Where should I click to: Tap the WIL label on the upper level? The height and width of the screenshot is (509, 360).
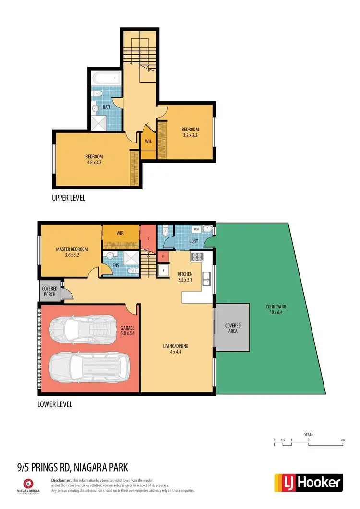pyautogui.click(x=148, y=142)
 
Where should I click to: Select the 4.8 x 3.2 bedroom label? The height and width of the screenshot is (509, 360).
pyautogui.click(x=94, y=159)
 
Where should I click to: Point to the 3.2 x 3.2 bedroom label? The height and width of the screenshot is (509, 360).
pyautogui.click(x=190, y=132)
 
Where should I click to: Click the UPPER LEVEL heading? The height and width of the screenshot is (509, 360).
pyautogui.click(x=68, y=198)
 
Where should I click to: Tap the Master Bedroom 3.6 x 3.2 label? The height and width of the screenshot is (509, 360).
pyautogui.click(x=72, y=252)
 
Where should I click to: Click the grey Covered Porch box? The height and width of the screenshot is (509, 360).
pyautogui.click(x=49, y=292)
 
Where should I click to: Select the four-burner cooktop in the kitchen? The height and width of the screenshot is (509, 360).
pyautogui.click(x=197, y=257)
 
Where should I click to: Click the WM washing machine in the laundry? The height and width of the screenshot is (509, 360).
pyautogui.click(x=196, y=230)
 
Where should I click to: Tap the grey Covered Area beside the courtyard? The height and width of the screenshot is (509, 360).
pyautogui.click(x=232, y=329)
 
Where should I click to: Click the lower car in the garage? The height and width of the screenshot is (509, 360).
pyautogui.click(x=88, y=367)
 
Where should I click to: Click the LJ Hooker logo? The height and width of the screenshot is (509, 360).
pyautogui.click(x=308, y=483)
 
